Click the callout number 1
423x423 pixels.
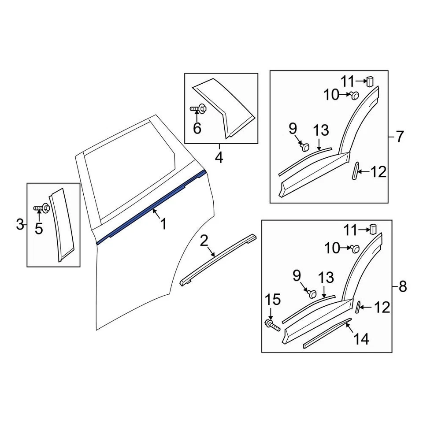point(163,225)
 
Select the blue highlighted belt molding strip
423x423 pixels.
point(150,207)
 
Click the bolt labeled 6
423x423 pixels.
point(199,108)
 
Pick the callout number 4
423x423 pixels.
point(219,157)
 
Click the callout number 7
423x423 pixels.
point(399,137)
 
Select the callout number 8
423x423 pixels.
point(402,287)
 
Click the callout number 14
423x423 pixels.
point(360,339)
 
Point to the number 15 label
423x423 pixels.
point(273,300)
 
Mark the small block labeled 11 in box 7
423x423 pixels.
point(371,80)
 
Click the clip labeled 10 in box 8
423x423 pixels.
point(356,249)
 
